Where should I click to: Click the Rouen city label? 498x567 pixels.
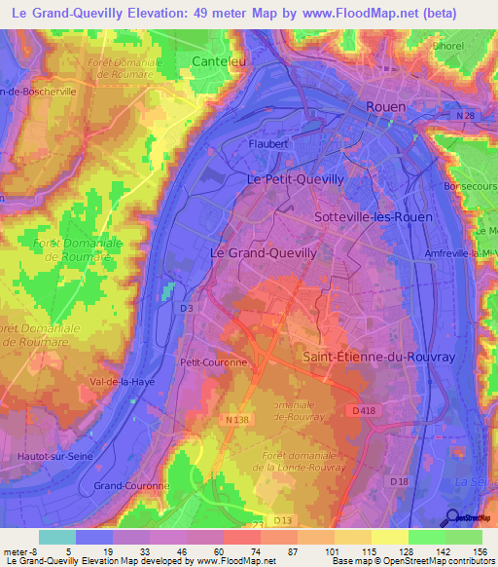point(384,106)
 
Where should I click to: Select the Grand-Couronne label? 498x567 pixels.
point(131,484)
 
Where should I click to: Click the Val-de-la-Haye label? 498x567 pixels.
point(123,381)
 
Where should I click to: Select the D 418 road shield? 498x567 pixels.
point(365,411)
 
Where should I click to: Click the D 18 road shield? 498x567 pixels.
point(399,481)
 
